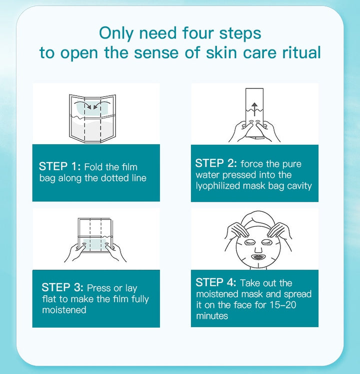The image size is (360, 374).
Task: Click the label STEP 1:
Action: [x=59, y=166]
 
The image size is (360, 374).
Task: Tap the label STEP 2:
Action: [x=216, y=164]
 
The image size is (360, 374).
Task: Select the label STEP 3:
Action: [x=62, y=288]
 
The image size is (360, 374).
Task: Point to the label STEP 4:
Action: [x=215, y=283]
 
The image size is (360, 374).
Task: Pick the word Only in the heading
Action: [x=116, y=33]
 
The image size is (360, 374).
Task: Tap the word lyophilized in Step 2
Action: [x=218, y=186]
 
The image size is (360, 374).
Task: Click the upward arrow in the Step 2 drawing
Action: [x=254, y=109]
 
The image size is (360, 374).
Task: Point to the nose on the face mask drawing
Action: [x=258, y=249]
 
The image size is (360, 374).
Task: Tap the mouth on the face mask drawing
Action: [x=258, y=257]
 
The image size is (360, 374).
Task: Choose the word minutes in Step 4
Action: [x=212, y=316]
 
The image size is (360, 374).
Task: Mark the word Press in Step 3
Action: [x=99, y=288]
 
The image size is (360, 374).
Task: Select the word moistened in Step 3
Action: [x=64, y=310]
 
